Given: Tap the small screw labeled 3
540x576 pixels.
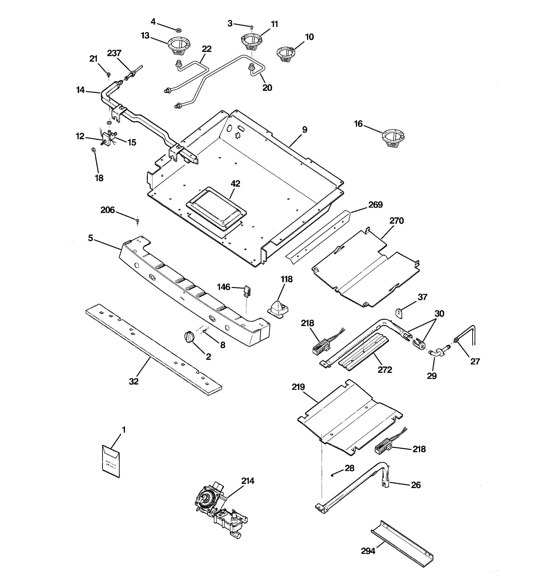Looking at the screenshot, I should click(x=252, y=27).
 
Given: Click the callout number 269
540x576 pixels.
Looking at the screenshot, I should click(x=375, y=205).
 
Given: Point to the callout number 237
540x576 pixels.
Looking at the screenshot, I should click(x=114, y=53).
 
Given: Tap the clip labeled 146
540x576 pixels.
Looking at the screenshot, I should click(x=247, y=291).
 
